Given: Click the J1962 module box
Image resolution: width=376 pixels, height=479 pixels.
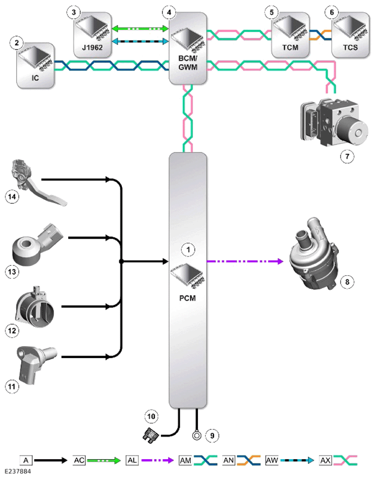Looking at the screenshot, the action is [x=93, y=35].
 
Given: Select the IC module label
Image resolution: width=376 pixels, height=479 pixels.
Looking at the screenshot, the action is [x=35, y=78].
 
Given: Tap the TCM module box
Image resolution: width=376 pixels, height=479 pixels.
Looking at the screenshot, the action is [x=290, y=35].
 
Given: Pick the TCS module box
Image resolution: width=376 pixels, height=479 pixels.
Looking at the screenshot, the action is [x=350, y=35].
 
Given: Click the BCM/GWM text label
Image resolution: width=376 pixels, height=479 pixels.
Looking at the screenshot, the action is [x=187, y=63].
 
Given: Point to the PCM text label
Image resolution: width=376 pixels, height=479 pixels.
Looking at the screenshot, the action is [x=187, y=298].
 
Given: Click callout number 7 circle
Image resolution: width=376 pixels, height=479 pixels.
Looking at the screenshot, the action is [x=347, y=156].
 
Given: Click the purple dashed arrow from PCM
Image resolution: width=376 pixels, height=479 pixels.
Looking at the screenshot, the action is [x=245, y=261].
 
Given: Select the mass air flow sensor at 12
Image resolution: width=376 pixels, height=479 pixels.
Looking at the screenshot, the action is [x=35, y=307].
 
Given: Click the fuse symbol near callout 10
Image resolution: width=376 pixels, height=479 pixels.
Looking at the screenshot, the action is [x=150, y=435].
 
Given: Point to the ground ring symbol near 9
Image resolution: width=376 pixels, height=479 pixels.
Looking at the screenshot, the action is [x=197, y=435].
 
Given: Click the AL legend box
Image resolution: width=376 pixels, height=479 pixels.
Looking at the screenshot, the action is [x=132, y=460].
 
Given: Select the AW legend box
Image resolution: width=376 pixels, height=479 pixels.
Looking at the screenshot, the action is [x=272, y=460].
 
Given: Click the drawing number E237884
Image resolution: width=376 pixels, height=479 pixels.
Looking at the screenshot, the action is [x=18, y=472].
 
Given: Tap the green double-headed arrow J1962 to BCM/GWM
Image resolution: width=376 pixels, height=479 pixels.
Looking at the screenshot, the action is [x=141, y=29].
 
